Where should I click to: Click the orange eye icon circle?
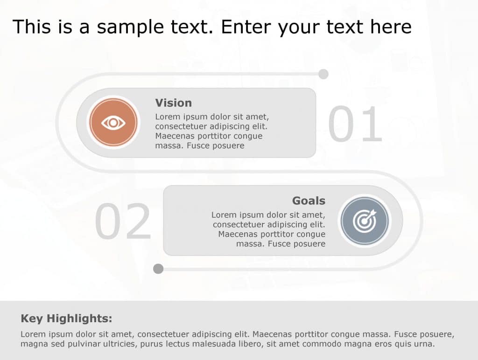(113, 123)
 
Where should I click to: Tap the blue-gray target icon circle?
(364, 221)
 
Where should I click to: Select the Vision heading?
(173, 103)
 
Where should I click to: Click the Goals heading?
(309, 201)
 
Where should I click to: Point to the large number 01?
(355, 125)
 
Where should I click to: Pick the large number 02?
(123, 222)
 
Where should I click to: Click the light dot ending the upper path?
(323, 74)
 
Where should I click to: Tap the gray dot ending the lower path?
(158, 269)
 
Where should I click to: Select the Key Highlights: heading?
(66, 319)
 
